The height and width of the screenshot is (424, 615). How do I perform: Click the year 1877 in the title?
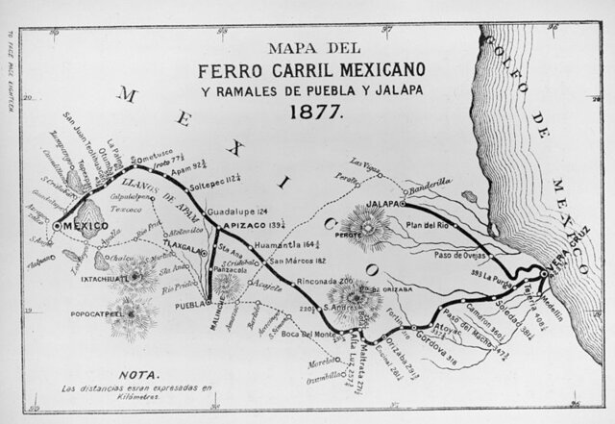click(x=303, y=111)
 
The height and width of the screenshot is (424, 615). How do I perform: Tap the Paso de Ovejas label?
click(x=442, y=254)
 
